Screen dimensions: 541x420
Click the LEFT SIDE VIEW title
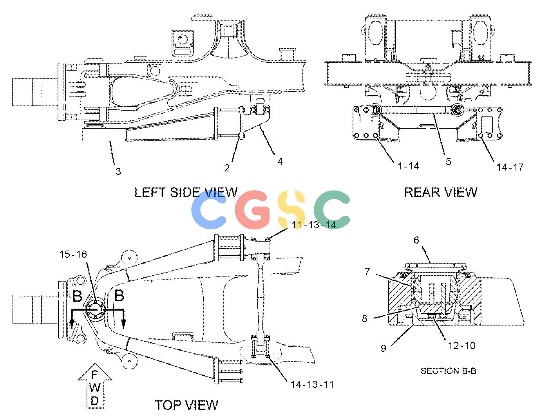point(186,192)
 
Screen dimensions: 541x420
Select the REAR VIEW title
point(440,192)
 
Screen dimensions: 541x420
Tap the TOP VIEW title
point(186,405)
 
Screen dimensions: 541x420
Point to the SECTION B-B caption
point(448,371)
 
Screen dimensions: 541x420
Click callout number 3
point(118,171)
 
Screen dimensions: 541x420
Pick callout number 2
point(226,168)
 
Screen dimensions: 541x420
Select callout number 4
point(280,162)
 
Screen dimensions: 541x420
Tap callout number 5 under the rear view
point(448,162)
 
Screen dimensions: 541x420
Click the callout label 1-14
point(408,166)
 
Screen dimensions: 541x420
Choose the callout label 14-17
point(510,167)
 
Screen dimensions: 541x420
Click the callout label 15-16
point(73,255)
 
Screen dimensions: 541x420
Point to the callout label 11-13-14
point(314,225)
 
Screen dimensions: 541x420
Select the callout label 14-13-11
point(312,385)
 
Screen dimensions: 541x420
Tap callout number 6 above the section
point(416,240)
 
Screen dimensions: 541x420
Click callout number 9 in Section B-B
point(384,348)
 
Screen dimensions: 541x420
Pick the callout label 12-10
point(461,345)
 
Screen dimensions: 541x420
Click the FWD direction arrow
point(95,386)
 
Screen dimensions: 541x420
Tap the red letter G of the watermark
point(252,210)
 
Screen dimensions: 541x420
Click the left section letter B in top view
point(77,296)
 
